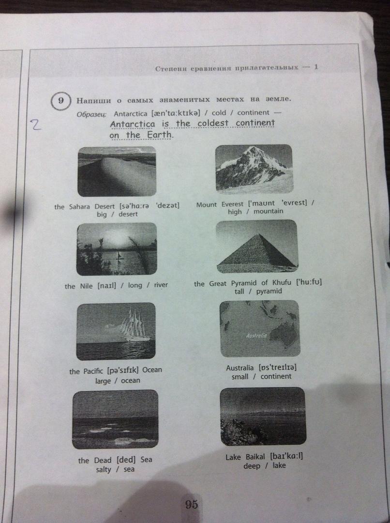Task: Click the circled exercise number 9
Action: (x=60, y=100)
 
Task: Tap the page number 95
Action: (x=191, y=504)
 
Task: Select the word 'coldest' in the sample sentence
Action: (x=213, y=123)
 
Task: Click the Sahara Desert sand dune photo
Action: (x=117, y=171)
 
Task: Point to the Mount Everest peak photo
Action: (x=254, y=169)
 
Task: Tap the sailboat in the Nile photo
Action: (x=119, y=256)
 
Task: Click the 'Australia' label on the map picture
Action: (x=256, y=335)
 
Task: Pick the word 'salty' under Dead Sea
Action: (x=104, y=470)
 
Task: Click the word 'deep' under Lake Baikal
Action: (x=252, y=466)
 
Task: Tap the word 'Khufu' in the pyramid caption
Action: (x=282, y=283)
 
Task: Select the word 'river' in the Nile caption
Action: (x=161, y=285)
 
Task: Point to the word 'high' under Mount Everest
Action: (x=235, y=212)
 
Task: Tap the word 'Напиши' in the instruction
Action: (x=94, y=100)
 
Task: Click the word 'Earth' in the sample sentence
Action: (x=160, y=135)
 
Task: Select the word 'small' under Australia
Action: (x=240, y=377)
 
